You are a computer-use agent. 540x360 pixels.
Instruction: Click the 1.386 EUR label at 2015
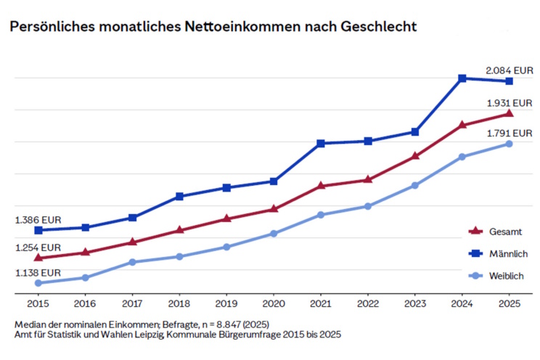(x=38, y=219)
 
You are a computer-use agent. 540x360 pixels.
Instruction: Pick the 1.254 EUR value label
(x=38, y=247)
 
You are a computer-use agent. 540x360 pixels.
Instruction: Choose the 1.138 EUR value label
(x=38, y=273)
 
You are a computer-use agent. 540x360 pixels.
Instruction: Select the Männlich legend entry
(x=509, y=253)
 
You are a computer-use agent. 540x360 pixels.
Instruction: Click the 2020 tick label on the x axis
(x=274, y=303)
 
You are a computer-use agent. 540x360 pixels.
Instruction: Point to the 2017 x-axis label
(x=132, y=303)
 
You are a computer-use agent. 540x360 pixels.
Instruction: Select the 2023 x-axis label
(x=414, y=303)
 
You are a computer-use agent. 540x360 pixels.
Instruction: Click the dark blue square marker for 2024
(x=462, y=78)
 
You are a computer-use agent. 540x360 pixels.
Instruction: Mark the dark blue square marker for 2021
(x=321, y=143)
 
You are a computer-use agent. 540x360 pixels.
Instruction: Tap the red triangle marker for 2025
(x=509, y=113)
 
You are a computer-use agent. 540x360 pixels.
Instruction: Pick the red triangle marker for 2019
(x=226, y=218)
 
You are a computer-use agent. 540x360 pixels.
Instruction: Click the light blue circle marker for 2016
(x=85, y=277)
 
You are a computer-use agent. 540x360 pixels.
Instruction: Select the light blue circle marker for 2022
(x=368, y=206)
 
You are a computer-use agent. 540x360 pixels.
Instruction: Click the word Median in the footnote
(x=30, y=324)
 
